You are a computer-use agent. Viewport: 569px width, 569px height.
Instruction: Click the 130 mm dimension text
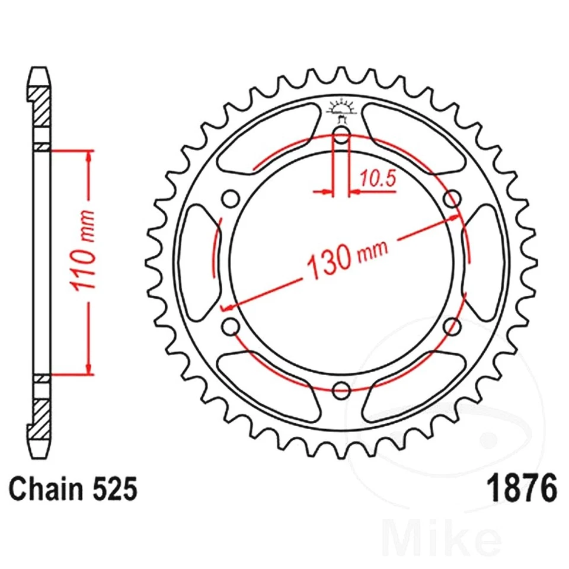pyautogui.click(x=347, y=257)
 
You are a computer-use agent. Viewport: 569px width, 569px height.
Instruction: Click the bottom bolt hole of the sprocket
pyautogui.click(x=341, y=390)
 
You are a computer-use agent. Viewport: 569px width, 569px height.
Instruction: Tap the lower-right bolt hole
pyautogui.click(x=452, y=325)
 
